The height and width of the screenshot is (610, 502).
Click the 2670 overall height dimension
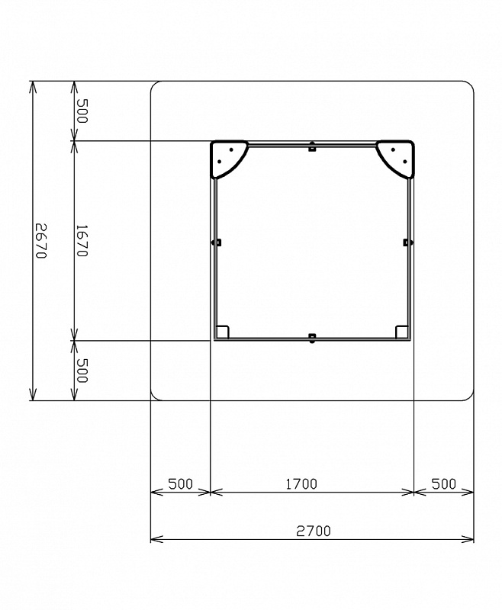click(41, 241)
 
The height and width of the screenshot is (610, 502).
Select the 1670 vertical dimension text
click(82, 241)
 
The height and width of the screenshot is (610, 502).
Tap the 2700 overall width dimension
click(314, 531)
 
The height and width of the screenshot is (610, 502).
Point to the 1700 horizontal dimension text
click(301, 484)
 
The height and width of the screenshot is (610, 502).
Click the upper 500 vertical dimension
click(82, 111)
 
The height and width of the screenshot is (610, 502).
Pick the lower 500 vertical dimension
click(82, 371)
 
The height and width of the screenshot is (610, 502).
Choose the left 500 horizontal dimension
click(181, 484)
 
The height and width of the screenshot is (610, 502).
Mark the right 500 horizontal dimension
click(443, 484)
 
